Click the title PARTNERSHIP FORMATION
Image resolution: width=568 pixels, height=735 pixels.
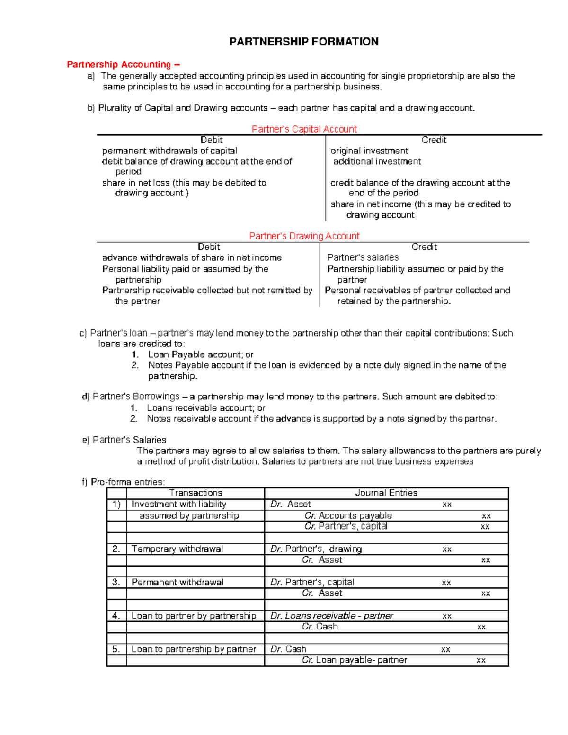pos(303,42)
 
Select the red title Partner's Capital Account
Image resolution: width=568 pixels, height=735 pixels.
pos(304,129)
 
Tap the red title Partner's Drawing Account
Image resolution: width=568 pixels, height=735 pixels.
pos(304,236)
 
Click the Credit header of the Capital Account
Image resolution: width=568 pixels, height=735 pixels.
pos(434,140)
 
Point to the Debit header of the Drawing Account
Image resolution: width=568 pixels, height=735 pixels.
pos(209,247)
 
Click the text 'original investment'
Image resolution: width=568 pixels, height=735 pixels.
pos(369,151)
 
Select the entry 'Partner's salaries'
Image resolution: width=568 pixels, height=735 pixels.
pos(363,257)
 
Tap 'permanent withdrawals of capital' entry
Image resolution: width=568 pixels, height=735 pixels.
pos(169,151)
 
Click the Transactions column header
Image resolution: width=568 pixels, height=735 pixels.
pos(195,493)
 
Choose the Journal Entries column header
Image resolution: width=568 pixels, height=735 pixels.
pos(386,493)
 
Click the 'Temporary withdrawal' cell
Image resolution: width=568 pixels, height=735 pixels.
pos(177,549)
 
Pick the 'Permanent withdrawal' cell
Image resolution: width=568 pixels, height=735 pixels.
pos(177,583)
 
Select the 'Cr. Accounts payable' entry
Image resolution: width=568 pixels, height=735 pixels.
pos(348,515)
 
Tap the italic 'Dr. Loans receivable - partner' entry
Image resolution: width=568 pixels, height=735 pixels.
pos(332,616)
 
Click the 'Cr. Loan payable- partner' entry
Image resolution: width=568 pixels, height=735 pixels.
pos(355,660)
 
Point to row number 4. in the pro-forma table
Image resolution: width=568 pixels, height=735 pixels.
pos(116,616)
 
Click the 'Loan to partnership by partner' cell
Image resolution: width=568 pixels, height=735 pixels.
pos(194,649)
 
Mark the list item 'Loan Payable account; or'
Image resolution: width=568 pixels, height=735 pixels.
pos(201,354)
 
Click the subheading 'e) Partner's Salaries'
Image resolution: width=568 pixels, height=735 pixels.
pos(124,440)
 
